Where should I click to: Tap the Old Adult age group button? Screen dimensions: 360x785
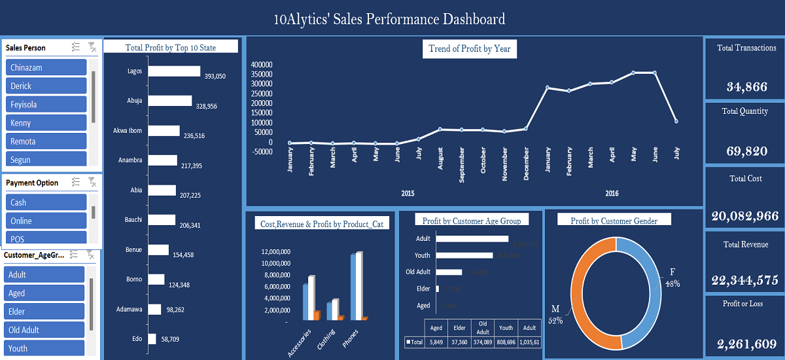pyautogui.click(x=44, y=330)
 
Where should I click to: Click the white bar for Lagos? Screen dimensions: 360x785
pyautogui.click(x=174, y=71)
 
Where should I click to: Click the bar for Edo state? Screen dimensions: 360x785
pyautogui.click(x=152, y=338)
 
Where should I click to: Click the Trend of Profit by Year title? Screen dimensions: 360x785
pyautogui.click(x=469, y=48)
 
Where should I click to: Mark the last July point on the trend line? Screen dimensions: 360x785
pyautogui.click(x=676, y=121)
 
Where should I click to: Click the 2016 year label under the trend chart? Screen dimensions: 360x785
pyautogui.click(x=612, y=194)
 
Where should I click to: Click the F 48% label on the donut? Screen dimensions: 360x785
pyautogui.click(x=672, y=278)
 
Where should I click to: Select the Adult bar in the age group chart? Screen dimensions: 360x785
pyautogui.click(x=471, y=239)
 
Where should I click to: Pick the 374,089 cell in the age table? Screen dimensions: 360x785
pyautogui.click(x=481, y=342)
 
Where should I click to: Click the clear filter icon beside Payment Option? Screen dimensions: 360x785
pyautogui.click(x=92, y=183)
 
